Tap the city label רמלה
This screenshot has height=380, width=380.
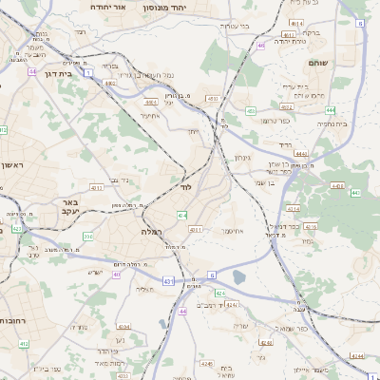coord(153,232)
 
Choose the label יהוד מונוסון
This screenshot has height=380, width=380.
coord(175,7)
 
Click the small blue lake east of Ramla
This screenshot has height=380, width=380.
coord(237,277)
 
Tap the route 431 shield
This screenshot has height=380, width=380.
coord(168,281)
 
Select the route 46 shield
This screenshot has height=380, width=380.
coord(260,45)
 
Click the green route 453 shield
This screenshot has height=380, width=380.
coord(251,111)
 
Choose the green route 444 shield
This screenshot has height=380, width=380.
coord(301,153)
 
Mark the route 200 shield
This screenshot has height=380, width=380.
coord(88,236)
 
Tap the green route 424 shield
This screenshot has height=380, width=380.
coord(219,294)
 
